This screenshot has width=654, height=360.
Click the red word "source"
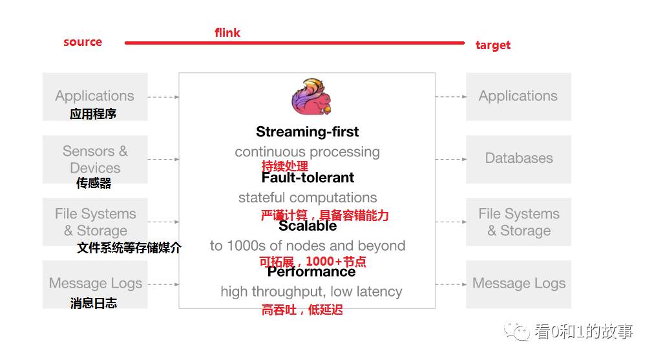point(83,42)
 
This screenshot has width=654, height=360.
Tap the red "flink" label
point(227,33)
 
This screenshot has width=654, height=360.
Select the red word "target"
point(492,45)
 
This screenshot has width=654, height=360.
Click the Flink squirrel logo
point(311,96)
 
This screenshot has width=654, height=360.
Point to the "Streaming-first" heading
point(307,132)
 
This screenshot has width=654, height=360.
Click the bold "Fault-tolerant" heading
point(308,177)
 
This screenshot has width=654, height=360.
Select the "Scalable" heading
point(308,226)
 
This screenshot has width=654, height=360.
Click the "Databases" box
point(518,158)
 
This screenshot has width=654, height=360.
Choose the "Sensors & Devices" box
point(95,159)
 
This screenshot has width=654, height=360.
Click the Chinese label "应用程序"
point(93,114)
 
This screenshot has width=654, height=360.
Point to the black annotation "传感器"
point(94,184)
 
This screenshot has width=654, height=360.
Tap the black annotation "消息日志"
point(94,303)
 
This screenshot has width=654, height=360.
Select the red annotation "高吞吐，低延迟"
point(302,310)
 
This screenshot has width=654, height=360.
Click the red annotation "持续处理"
point(284,166)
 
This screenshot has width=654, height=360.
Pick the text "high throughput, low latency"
point(311,291)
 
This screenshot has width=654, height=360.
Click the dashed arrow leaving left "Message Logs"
point(163,284)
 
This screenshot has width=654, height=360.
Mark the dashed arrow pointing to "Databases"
point(450,159)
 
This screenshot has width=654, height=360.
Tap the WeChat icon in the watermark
point(518,332)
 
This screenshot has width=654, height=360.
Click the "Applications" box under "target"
point(518,96)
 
